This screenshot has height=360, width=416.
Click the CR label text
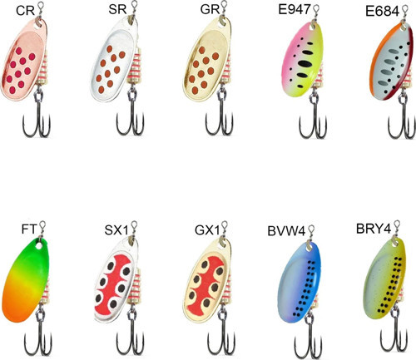point(25,11)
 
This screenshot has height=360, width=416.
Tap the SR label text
point(117,9)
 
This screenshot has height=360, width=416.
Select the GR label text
point(210,9)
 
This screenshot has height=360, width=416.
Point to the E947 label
point(295,9)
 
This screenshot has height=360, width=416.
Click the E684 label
point(382,12)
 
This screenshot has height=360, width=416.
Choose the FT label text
point(29,229)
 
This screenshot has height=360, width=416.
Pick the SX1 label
point(116,230)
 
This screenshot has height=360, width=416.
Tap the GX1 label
point(207,230)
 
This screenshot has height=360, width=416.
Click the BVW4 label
point(286,231)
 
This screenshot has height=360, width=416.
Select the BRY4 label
point(374,229)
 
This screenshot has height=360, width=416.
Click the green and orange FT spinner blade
point(25,280)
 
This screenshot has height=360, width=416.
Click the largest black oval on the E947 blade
point(305,64)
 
